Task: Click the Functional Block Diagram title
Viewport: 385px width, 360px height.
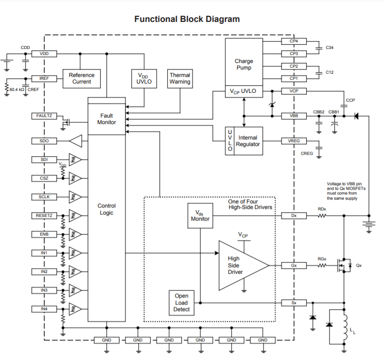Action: [x=187, y=19]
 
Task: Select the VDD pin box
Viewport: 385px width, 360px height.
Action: [x=44, y=54]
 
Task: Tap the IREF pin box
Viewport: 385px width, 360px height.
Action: [x=44, y=78]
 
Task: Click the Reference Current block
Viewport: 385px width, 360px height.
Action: [x=82, y=78]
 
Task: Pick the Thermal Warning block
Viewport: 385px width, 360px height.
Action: [x=180, y=78]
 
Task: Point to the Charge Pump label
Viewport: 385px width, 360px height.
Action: [x=244, y=64]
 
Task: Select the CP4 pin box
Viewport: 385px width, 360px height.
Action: [x=294, y=42]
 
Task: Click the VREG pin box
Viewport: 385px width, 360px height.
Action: [x=294, y=141]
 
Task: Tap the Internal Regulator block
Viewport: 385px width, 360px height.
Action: [x=247, y=141]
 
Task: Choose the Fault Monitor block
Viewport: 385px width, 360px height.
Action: [x=107, y=119]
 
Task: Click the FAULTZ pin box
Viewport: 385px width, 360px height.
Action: [x=44, y=116]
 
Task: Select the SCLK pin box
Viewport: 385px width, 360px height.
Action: [x=44, y=197]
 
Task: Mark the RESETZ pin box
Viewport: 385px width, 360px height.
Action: [x=44, y=215]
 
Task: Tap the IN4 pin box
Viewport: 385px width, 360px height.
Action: [x=44, y=309]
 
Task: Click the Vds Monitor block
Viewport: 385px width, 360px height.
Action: [x=200, y=215]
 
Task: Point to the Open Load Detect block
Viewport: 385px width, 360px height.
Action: [x=181, y=302]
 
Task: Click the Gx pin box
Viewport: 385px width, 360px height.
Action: [x=294, y=265]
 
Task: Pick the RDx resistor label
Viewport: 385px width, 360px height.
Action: [x=322, y=209]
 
